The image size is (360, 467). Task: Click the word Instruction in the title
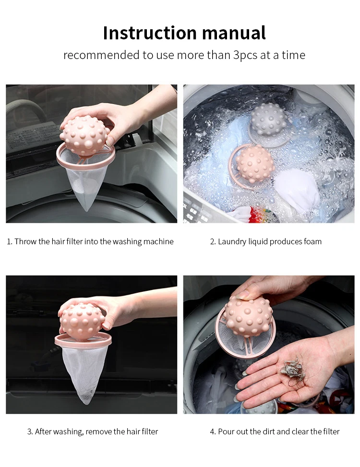click(150, 33)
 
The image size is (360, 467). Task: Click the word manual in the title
click(234, 33)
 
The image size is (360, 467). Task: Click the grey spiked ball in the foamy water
click(269, 120)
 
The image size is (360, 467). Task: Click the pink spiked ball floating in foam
click(254, 164)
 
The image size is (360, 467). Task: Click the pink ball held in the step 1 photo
click(84, 135)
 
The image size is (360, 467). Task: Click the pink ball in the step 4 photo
click(248, 316)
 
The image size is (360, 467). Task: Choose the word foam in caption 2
click(312, 241)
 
